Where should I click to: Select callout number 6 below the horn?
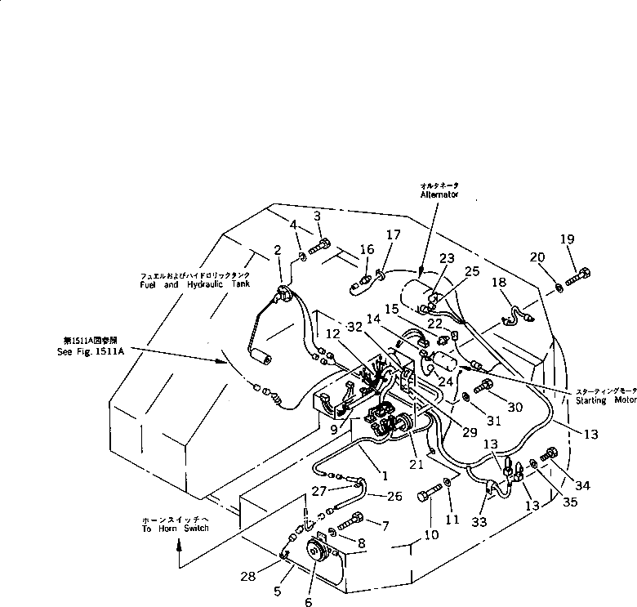tap(308, 602)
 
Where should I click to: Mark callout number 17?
tap(394, 235)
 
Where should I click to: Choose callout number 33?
tap(481, 520)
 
